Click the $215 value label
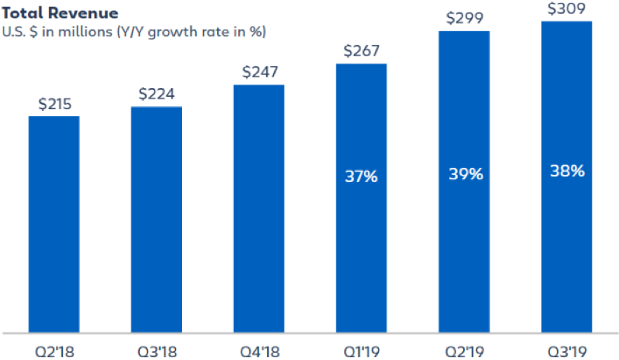(54, 103)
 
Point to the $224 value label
(156, 94)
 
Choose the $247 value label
(259, 72)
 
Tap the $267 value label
(361, 51)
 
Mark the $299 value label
(464, 19)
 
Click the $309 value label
(566, 9)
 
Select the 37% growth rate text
(361, 176)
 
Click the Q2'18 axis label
(53, 349)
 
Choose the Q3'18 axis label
(156, 349)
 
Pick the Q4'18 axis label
(259, 349)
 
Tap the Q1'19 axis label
(361, 349)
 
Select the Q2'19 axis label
(464, 349)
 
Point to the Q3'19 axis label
(566, 349)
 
